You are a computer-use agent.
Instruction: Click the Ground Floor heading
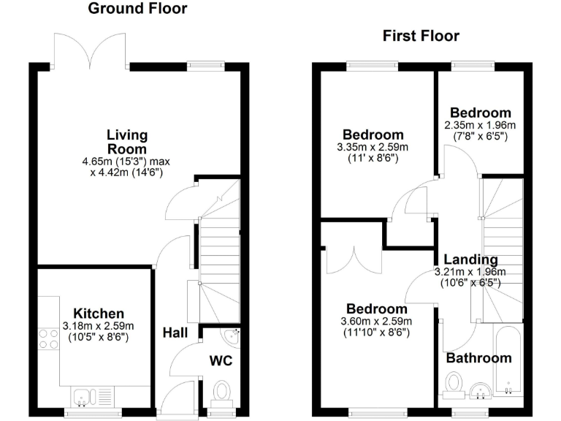tap(137, 10)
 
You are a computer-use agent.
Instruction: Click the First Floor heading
tap(421, 37)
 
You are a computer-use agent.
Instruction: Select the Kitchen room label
tap(93, 313)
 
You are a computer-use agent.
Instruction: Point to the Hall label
tap(175, 333)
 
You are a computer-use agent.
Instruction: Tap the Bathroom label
tap(478, 358)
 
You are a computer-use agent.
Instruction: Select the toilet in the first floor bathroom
tap(454, 383)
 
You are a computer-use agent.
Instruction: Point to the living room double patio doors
tap(91, 51)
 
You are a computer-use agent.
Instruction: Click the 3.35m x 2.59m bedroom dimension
tap(373, 147)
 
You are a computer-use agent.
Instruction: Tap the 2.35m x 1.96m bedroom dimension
tap(479, 125)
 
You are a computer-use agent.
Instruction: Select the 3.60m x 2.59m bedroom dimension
tap(376, 321)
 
